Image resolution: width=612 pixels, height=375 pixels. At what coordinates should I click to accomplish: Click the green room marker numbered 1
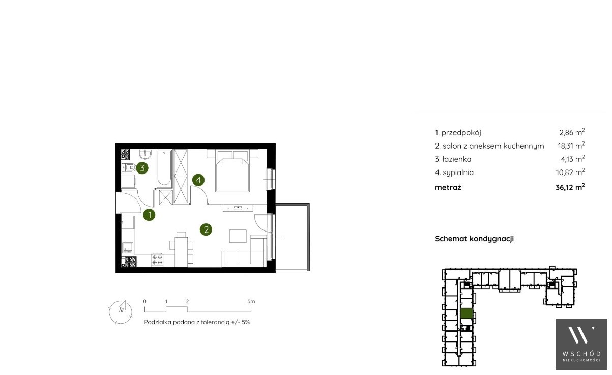149,215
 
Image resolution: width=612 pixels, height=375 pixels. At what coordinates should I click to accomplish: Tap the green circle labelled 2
206,229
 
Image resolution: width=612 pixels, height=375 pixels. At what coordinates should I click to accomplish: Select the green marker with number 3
142,168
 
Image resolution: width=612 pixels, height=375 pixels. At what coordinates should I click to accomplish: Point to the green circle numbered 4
198,180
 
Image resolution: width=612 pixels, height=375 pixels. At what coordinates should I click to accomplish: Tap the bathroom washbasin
145,155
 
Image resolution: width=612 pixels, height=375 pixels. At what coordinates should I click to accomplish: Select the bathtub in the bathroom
164,168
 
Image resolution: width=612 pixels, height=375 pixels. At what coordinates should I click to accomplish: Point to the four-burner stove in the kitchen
157,260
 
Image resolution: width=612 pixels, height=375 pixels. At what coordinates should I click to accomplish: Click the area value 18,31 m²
571,145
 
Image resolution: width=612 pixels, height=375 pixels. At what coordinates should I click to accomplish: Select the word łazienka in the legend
457,159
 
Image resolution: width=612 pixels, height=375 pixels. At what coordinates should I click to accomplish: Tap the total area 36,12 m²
570,187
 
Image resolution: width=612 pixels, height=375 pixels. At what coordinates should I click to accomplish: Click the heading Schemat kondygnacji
474,239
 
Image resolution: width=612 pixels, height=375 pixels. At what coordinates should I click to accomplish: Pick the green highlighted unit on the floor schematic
467,313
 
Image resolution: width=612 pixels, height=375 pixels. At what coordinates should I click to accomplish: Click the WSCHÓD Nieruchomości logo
581,344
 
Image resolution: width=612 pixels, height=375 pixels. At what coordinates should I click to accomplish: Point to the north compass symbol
121,312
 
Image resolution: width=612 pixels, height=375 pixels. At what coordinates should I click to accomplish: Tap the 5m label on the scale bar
251,302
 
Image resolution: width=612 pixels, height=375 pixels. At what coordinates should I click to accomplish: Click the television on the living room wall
238,208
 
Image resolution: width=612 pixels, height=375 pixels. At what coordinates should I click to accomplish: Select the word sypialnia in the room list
458,172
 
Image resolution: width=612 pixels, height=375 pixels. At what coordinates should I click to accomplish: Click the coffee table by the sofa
238,236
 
